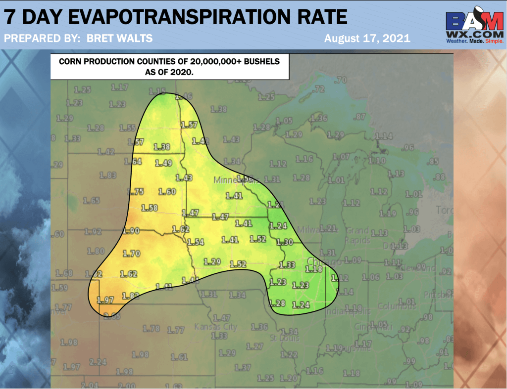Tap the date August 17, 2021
coord(367,39)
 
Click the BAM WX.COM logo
coord(474,27)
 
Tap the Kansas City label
coord(215,327)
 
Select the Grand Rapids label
coord(357,235)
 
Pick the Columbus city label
coord(396,306)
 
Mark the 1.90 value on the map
coord(131,231)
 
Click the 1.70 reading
coord(131,254)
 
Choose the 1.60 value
coord(168,192)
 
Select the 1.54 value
coord(196,242)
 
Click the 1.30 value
coord(285,242)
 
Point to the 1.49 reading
coord(163,163)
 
